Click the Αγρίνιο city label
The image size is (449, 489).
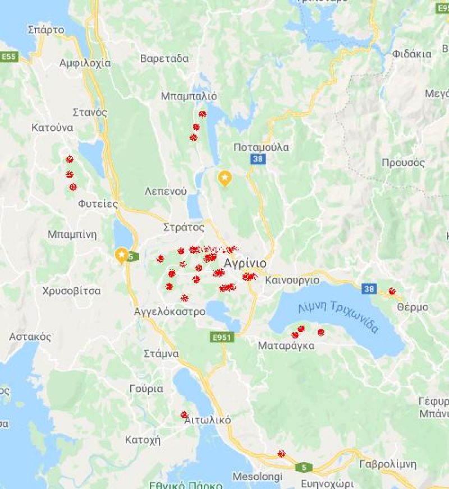(x=244, y=263)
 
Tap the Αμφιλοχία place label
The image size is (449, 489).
(x=85, y=63)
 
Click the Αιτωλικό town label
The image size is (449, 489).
(x=207, y=420)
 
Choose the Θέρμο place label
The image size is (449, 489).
(x=412, y=307)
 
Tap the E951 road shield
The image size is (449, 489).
(x=222, y=337)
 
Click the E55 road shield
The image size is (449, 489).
(x=9, y=57)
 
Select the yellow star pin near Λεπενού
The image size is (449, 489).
(x=224, y=178)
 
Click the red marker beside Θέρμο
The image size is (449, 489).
(x=392, y=291)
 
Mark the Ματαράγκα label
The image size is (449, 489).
(x=286, y=346)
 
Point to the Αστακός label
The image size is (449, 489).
(x=30, y=337)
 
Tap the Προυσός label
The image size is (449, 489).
(x=403, y=163)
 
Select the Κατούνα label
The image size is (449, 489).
(x=52, y=128)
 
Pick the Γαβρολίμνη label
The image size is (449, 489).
(x=387, y=464)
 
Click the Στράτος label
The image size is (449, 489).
(x=184, y=227)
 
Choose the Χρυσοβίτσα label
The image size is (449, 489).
(x=71, y=291)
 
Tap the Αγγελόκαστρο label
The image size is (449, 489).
(x=169, y=312)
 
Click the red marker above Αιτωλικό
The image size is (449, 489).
(x=184, y=414)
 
